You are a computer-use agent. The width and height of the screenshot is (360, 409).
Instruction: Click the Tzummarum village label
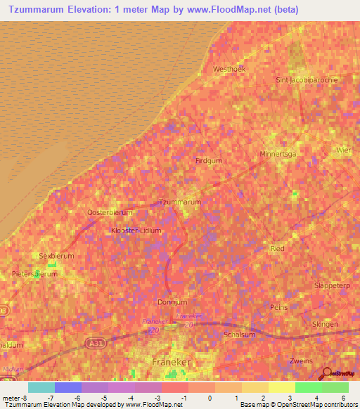click(x=181, y=202)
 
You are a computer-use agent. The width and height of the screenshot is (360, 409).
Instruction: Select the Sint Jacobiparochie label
click(x=307, y=80)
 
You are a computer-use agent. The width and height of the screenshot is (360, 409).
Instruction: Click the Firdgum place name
click(x=207, y=161)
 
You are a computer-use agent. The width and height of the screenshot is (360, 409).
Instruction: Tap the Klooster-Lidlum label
click(x=136, y=231)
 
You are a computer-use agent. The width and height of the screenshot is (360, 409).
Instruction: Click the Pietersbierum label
click(x=34, y=273)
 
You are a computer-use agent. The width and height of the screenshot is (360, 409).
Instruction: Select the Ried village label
click(x=277, y=249)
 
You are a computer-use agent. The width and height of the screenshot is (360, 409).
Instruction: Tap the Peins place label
click(x=278, y=308)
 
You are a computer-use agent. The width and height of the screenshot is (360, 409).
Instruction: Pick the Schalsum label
click(x=237, y=335)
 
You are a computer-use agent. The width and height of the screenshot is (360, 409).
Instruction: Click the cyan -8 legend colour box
click(x=41, y=387)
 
